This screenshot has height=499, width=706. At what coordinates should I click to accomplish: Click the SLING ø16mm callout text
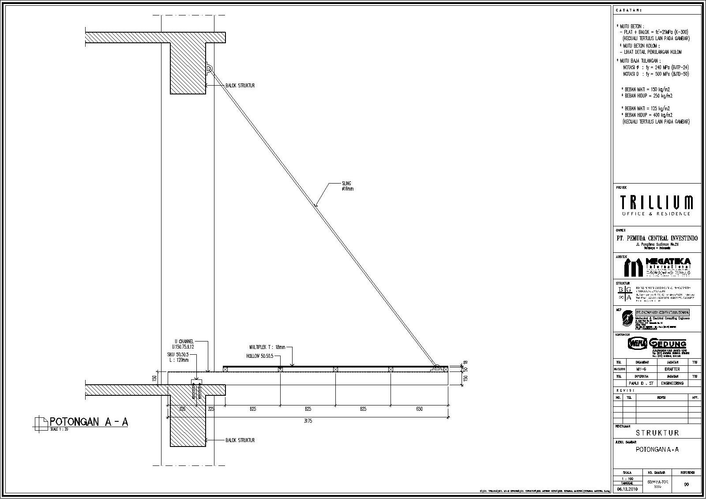click(x=347, y=186)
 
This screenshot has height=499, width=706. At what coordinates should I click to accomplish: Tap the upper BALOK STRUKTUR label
click(x=240, y=86)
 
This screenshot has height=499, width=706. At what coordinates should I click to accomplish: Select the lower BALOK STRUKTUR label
click(x=240, y=440)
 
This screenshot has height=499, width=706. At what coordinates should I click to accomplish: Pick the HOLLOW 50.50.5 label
click(x=260, y=356)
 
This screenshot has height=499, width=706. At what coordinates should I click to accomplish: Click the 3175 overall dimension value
click(x=308, y=421)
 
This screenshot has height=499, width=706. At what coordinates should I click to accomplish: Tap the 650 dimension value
click(x=419, y=409)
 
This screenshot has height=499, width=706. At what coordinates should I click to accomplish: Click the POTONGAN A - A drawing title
click(x=89, y=422)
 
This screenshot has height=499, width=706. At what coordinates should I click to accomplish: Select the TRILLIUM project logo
click(x=656, y=205)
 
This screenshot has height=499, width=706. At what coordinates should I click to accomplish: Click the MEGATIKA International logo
click(x=657, y=267)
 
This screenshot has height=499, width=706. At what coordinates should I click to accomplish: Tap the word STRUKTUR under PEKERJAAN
click(x=657, y=433)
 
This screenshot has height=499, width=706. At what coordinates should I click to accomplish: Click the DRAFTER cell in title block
click(x=672, y=369)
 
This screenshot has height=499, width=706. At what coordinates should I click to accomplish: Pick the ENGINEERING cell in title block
click(x=672, y=383)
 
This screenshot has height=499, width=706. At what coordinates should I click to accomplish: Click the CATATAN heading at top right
click(x=629, y=10)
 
